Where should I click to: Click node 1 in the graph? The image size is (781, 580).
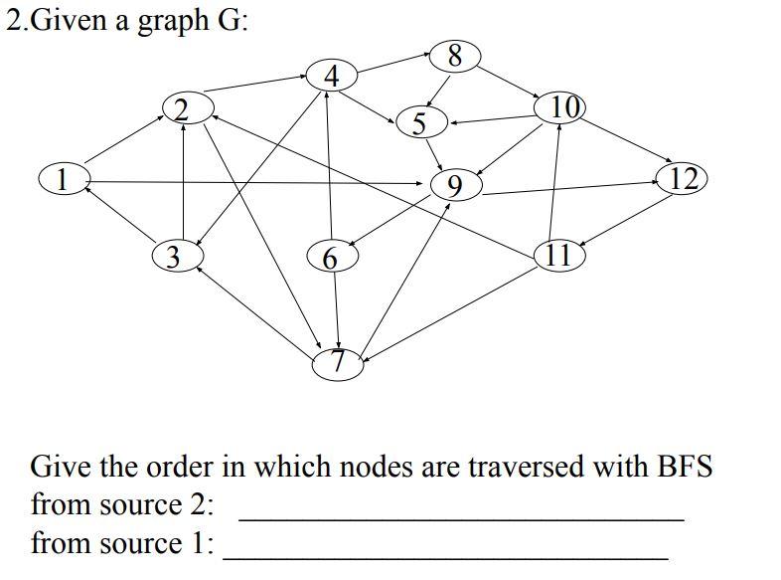(x=63, y=179)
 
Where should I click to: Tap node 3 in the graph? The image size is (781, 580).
(x=175, y=257)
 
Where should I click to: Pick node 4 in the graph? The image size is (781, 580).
(x=332, y=76)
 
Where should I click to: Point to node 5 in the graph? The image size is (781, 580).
(x=419, y=123)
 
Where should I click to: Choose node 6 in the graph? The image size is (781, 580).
(x=331, y=258)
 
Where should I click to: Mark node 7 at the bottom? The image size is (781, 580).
(x=338, y=363)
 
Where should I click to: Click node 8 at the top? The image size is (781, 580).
(x=455, y=56)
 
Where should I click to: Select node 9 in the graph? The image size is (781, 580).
(x=455, y=185)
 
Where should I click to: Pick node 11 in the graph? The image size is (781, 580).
(x=558, y=255)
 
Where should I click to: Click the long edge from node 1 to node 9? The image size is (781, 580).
(x=258, y=182)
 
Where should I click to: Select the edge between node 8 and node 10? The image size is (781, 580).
(x=509, y=82)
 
